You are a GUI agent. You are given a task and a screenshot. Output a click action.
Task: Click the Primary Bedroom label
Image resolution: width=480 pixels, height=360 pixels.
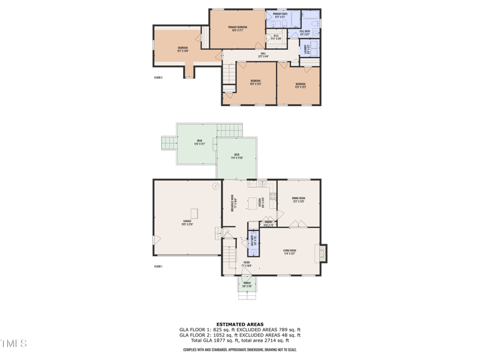pos(237,28)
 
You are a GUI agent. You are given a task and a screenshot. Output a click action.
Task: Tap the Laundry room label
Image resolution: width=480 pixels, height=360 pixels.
pos(306,47)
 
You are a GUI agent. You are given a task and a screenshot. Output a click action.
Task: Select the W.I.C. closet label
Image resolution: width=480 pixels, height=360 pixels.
pos(275,37)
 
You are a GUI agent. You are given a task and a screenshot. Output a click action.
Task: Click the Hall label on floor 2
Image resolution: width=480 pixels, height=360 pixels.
pos(263,55)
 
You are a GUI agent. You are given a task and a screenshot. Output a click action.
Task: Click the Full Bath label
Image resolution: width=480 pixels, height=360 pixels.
pos(305,32)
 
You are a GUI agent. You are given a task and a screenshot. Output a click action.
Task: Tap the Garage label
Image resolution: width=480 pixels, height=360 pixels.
pos(187,222)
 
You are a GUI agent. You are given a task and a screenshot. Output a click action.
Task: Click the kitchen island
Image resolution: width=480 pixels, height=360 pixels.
pos(252,203)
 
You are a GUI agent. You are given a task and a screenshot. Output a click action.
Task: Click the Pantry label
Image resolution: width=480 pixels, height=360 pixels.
pos(268,223)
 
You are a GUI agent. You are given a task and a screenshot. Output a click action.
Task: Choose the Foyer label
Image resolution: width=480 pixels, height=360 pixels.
pos(246,264)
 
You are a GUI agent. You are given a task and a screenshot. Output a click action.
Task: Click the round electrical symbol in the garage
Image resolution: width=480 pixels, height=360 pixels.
pos(215,187)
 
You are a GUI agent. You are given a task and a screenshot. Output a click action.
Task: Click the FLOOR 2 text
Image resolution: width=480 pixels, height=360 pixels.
pos(158,77)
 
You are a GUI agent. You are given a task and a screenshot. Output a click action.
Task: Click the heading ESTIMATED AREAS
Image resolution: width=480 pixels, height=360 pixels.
pos(239,324)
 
